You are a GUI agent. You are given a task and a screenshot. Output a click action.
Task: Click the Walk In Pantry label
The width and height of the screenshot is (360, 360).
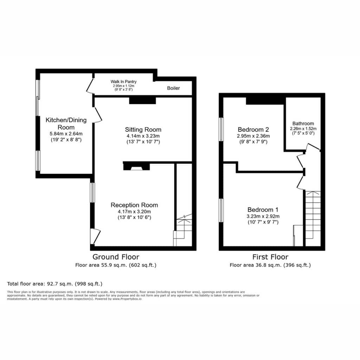tap(123, 82)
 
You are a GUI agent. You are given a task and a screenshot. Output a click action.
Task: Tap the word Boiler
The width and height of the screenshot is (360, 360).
tap(173, 88)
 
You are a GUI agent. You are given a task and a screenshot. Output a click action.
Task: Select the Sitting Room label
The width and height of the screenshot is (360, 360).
tap(143, 129)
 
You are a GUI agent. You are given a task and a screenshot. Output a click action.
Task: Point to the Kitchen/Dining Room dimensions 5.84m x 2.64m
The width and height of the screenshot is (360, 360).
tap(66, 134)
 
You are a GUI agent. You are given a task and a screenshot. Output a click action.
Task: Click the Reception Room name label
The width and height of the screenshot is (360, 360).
tap(134, 205)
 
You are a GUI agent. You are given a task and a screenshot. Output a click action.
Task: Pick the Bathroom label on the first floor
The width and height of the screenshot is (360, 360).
tap(303, 123)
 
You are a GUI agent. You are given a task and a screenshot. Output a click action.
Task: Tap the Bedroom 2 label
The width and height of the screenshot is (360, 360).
tap(253, 129)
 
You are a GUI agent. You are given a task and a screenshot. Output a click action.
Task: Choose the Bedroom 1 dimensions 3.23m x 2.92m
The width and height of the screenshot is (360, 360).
tap(263, 216)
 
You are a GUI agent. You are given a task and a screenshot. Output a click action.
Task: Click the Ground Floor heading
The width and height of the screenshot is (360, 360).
tap(116, 257)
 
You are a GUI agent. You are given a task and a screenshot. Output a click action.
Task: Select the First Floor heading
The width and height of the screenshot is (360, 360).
tap(270, 257)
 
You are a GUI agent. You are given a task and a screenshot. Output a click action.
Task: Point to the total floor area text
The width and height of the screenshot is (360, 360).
tap(54, 284)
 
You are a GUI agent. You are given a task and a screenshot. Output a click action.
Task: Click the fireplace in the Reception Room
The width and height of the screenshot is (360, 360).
tap(137, 166)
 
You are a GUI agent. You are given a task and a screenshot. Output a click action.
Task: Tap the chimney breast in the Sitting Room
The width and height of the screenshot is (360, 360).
tap(143, 101)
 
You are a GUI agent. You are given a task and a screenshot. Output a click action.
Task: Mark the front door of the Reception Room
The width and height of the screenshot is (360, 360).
tap(95, 236)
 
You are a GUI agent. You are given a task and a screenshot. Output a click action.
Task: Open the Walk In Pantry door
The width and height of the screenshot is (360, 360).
tap(90, 85)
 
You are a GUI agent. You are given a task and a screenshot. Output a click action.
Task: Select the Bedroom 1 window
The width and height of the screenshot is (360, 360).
tap(221, 210)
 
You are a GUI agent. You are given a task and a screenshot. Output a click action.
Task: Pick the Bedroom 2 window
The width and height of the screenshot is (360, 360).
tap(221, 129)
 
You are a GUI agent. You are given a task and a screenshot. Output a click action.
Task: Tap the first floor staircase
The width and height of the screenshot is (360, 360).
tap(313, 218)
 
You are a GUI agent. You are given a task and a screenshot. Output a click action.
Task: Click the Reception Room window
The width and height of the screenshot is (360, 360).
tap(92, 192)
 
